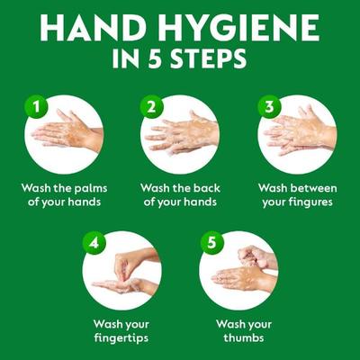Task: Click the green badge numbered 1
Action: tap(35, 106)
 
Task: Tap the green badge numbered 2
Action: tap(151, 106)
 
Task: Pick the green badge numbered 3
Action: tap(267, 106)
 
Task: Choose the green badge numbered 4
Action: tap(94, 243)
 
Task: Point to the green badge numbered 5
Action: tap(210, 243)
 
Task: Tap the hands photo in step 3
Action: tap(298, 135)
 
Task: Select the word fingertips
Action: tap(120, 339)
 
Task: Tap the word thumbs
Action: tap(238, 339)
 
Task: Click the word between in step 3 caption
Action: tap(313, 188)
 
